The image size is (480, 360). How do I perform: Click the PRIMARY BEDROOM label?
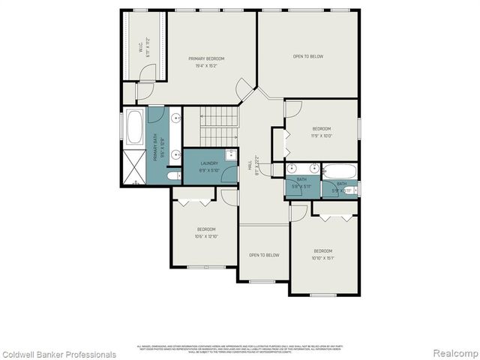[x=206, y=58]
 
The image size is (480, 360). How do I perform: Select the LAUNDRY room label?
[x=209, y=163]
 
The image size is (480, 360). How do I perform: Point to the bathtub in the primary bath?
[x=136, y=128]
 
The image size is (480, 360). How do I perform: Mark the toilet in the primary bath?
[x=173, y=176]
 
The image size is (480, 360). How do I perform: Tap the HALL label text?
[x=250, y=164]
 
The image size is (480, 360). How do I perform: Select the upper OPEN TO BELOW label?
[x=308, y=56]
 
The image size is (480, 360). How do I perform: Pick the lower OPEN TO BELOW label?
[x=264, y=255]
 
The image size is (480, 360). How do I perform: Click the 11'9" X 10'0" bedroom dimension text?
[x=322, y=136]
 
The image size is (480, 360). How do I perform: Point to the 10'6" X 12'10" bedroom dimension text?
[x=206, y=237]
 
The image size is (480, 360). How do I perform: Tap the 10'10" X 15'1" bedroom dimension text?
[x=323, y=258]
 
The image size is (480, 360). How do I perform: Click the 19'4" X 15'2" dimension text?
[x=206, y=65]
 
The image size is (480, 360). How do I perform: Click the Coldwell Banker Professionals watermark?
[x=58, y=354]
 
